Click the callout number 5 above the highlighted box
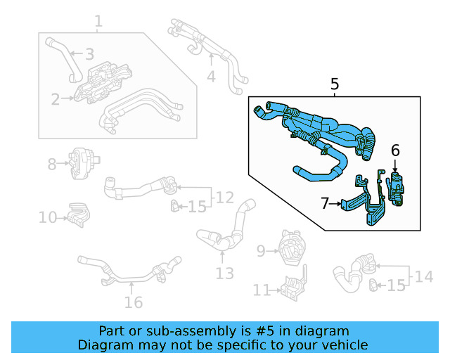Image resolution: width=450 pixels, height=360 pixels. tap(335, 85)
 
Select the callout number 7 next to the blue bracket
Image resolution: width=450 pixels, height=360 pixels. tap(325, 203)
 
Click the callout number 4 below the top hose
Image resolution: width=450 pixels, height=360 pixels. tap(211, 75)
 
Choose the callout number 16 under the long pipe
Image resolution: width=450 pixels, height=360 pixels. tap(133, 302)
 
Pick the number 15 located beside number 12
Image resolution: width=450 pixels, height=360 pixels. tap(198, 207)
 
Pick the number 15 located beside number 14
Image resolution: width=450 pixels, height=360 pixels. tap(397, 285)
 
